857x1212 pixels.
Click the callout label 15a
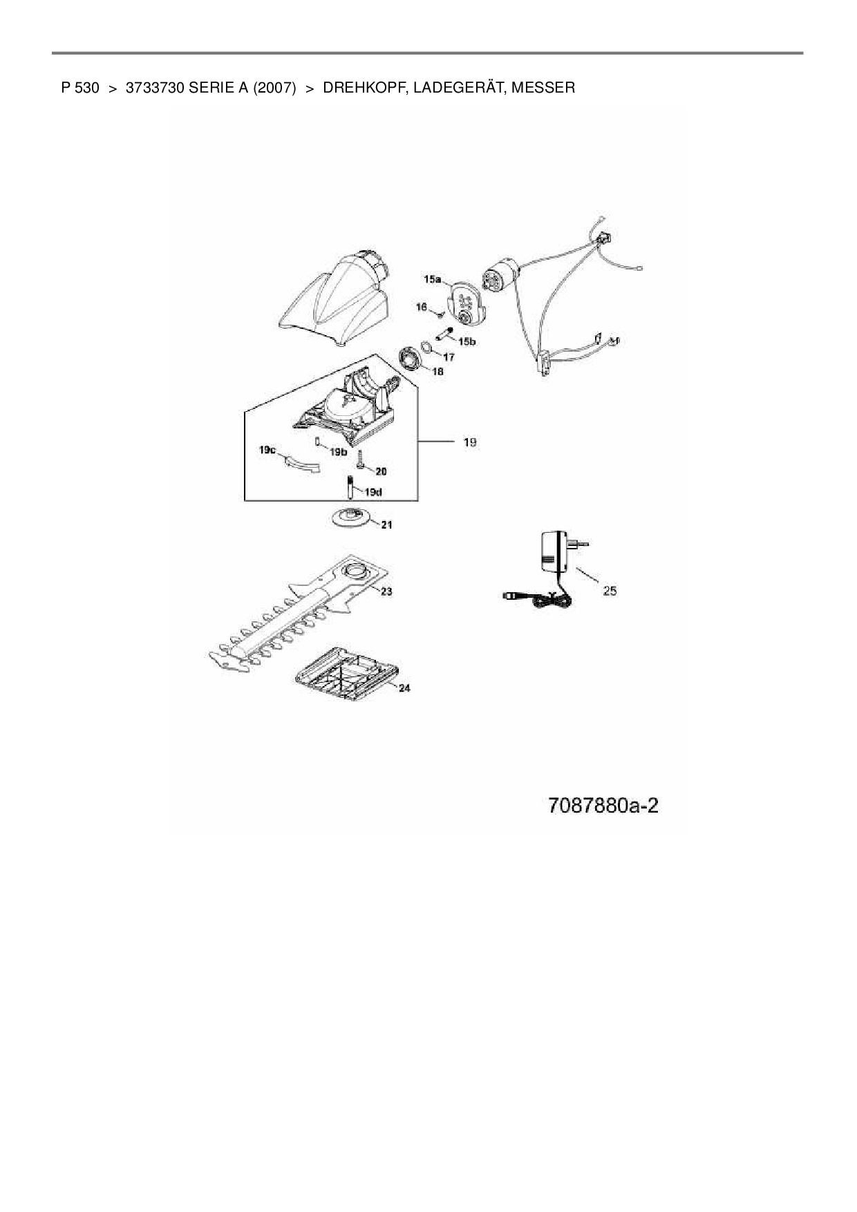pos(433,279)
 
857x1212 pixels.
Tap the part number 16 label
pos(422,307)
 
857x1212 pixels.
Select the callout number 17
pos(449,357)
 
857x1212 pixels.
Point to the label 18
pos(437,371)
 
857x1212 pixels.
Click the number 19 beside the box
pos(469,442)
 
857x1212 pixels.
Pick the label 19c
pos(267,450)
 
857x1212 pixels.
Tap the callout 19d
pos(373,492)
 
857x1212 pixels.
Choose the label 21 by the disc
pos(386,525)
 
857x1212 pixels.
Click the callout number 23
pos(386,591)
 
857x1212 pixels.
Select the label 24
pos(404,688)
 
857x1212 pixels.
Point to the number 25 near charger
pos(610,591)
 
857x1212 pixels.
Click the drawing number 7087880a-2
pos(603,806)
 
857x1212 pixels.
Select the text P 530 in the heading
pos(80,88)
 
